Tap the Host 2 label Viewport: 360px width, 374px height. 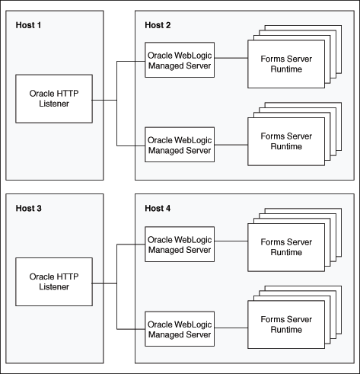point(158,25)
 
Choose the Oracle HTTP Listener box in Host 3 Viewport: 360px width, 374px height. point(54,281)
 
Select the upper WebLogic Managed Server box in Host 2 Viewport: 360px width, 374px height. point(179,60)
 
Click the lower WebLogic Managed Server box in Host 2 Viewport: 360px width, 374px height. point(179,144)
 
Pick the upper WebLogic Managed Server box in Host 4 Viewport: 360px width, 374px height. point(179,244)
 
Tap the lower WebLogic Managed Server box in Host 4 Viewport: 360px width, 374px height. point(179,328)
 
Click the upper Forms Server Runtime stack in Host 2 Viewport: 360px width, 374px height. point(281,64)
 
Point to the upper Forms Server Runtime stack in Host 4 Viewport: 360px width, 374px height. point(281,247)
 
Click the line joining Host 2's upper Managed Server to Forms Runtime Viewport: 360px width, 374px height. point(230,60)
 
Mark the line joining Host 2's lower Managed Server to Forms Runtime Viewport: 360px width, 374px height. point(230,144)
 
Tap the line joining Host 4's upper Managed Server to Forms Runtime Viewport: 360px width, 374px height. point(230,244)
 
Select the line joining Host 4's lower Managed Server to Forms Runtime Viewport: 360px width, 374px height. point(230,328)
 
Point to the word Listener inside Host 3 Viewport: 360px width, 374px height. point(54,286)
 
